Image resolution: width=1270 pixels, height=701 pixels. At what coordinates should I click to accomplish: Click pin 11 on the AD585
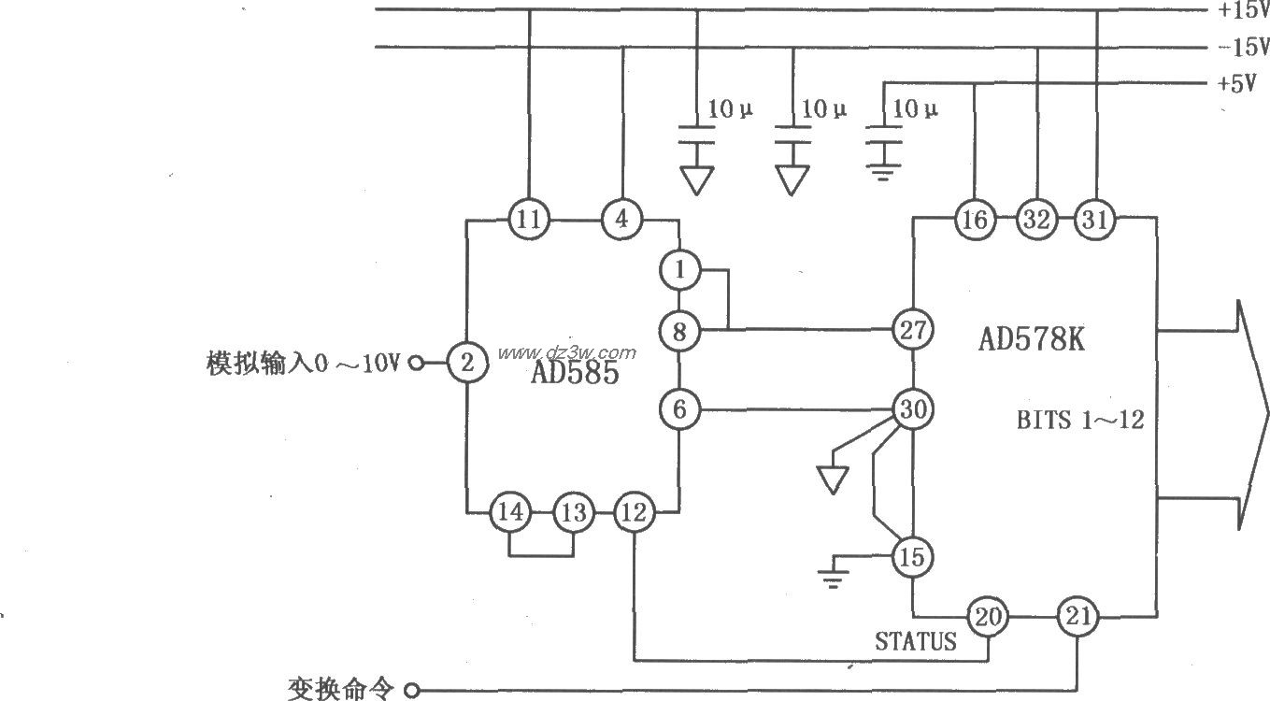point(529,221)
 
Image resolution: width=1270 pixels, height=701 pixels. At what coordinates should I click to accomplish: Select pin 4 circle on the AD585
point(621,221)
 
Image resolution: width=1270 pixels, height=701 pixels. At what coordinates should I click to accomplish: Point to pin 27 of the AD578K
point(912,329)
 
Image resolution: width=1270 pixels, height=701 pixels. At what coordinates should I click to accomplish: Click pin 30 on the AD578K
point(912,409)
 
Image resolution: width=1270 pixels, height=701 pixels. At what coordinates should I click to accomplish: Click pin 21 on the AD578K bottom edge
point(1077,617)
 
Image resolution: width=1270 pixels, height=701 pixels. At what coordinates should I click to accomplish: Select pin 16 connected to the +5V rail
point(974,220)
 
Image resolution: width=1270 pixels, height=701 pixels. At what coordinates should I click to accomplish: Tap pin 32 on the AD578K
point(1036,220)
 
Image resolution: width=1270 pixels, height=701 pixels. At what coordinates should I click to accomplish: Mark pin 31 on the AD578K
point(1095,220)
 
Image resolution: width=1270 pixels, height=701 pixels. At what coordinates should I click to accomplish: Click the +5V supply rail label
point(1235,83)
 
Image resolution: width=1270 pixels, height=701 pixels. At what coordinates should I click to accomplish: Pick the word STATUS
point(916,642)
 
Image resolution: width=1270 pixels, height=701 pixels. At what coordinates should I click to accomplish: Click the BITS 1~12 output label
point(1080,420)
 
